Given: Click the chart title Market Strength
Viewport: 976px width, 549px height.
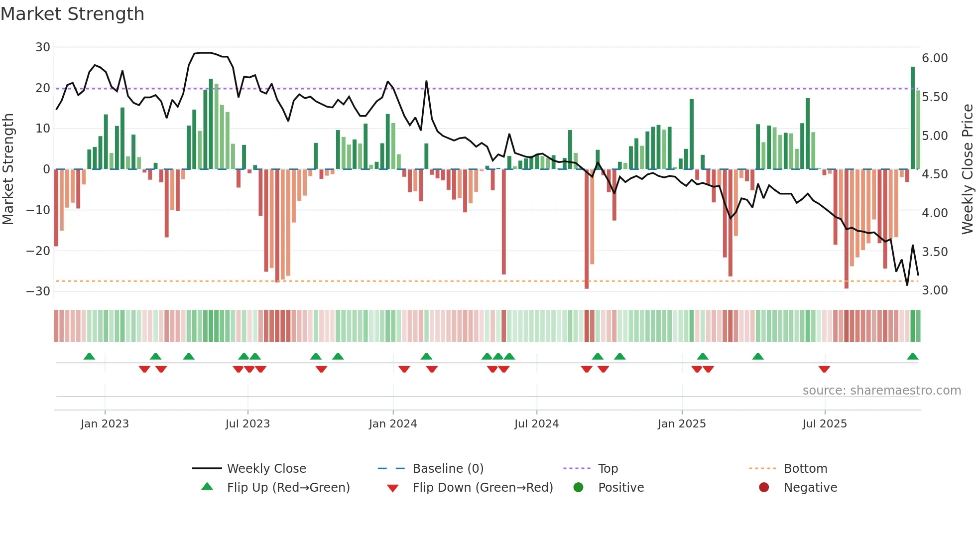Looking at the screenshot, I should point(72,14).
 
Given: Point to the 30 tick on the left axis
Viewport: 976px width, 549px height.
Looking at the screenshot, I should point(43,47).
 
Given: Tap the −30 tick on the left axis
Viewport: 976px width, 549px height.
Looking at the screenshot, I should point(38,291).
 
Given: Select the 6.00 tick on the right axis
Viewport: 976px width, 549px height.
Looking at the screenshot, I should point(935,58).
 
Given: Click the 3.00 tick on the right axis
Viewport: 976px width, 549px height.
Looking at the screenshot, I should point(935,290).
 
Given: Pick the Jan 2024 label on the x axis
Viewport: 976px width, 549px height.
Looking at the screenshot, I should point(393,424).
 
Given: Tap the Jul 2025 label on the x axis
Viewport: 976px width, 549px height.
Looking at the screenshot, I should point(825,424).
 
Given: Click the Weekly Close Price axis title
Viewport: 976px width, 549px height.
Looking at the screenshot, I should point(967,169).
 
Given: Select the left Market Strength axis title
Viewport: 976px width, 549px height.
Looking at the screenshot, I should point(8,169).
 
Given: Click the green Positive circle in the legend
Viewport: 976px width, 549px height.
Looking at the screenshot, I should point(578,487).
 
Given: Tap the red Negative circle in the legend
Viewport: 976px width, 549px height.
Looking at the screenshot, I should point(764,487).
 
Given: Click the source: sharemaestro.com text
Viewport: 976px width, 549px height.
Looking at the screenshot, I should point(881,391).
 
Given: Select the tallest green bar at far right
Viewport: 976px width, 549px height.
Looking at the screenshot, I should point(913,118).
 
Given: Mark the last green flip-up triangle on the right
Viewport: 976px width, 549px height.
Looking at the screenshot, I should point(913,357).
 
